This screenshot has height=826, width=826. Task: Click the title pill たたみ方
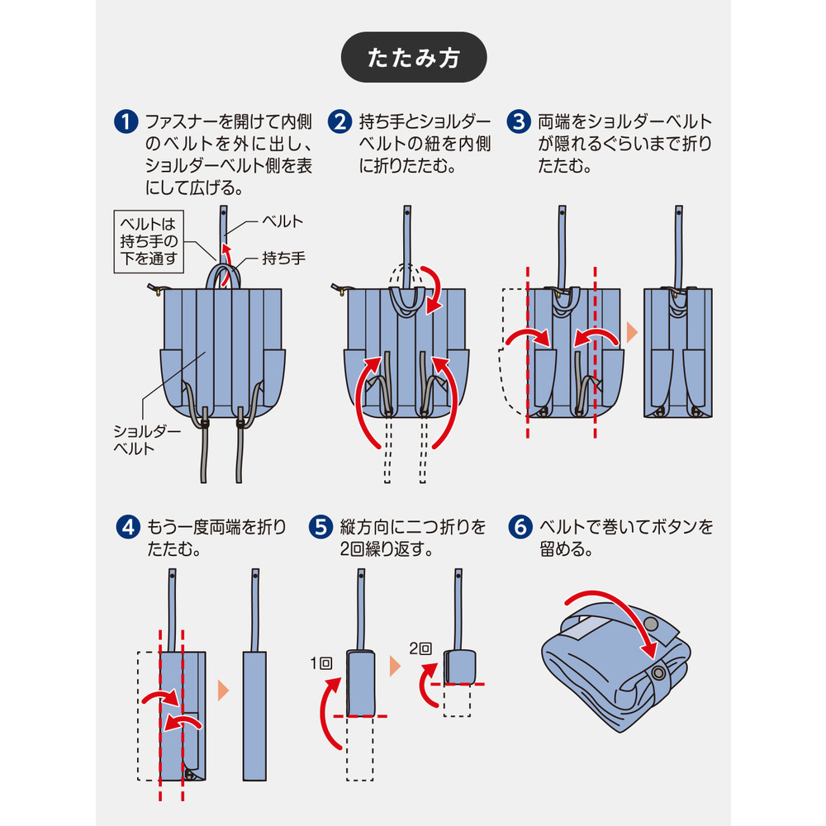pos(414,57)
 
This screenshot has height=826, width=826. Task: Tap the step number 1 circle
pos(124,123)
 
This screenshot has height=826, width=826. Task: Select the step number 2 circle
pos(339,123)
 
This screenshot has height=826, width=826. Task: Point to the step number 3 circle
pos(519,123)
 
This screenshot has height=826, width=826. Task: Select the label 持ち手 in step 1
pos(283,258)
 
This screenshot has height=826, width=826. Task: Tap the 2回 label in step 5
pos(420,649)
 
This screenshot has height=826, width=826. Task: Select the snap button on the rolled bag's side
pos(658,674)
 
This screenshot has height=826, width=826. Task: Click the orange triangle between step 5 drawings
pos(395,666)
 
